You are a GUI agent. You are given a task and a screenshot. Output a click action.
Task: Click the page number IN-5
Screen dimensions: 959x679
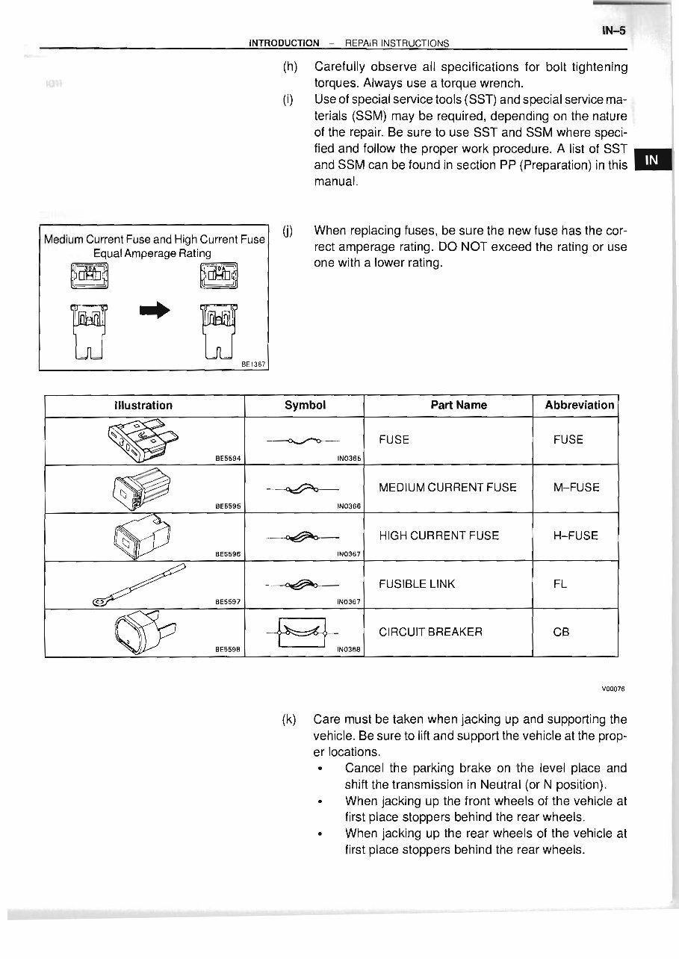tap(612, 31)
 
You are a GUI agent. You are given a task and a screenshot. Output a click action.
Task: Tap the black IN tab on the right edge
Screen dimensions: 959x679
tap(652, 160)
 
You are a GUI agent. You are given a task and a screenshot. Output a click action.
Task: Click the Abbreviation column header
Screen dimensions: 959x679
tap(579, 405)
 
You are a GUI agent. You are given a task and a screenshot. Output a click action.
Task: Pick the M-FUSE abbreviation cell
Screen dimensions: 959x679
tap(576, 488)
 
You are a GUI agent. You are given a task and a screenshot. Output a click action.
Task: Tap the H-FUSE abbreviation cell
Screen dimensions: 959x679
tap(576, 536)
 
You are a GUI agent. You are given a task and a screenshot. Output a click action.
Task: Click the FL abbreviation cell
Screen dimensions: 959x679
tap(560, 583)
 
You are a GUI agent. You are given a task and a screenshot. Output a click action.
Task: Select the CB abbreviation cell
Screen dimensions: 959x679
tap(561, 631)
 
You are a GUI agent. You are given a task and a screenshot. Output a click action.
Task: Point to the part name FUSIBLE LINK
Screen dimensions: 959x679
tap(417, 583)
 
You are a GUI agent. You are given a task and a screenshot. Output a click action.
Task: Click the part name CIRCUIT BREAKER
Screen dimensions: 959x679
tap(430, 631)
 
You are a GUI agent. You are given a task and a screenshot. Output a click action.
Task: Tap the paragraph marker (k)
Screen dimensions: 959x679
tap(289, 720)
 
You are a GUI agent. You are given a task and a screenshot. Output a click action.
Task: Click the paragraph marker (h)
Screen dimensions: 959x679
tap(290, 67)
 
